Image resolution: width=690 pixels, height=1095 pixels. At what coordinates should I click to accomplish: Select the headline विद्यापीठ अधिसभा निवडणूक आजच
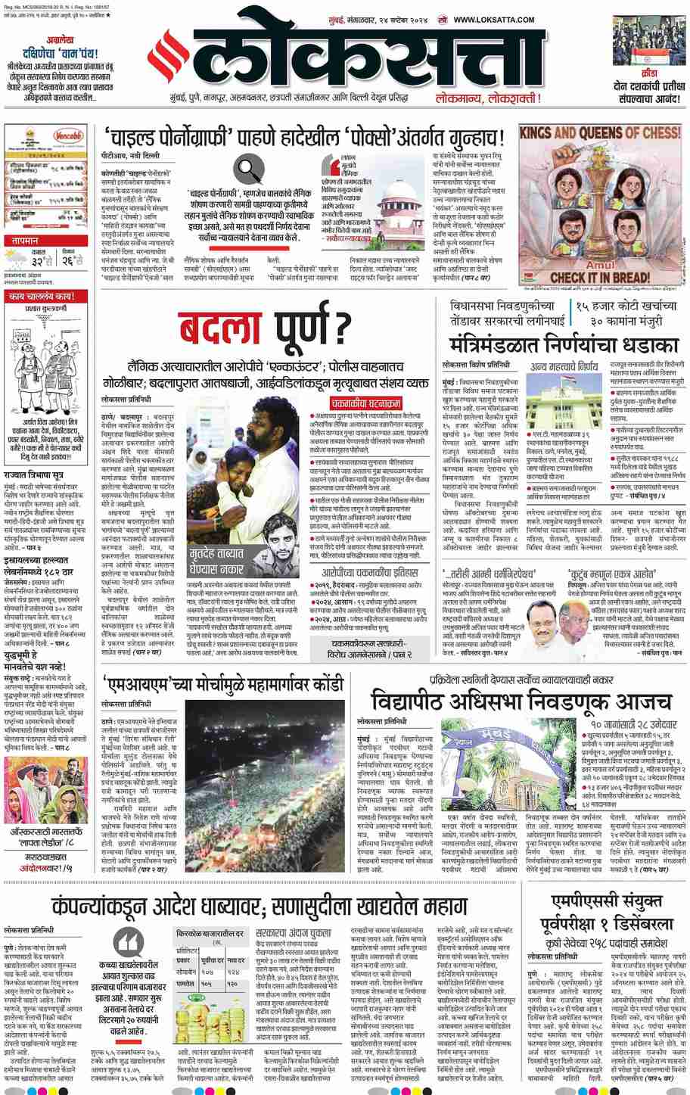click(x=521, y=699)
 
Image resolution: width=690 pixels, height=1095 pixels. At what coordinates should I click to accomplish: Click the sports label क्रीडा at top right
click(x=644, y=74)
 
